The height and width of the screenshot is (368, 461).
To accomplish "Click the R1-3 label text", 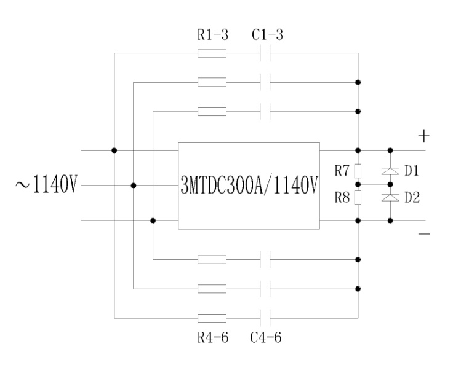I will pos(212,36).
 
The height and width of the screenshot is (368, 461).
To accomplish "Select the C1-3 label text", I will pos(268,36).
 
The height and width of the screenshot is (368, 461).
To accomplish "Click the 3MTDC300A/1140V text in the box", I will pos(249,185).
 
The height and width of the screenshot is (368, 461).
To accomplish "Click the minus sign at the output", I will pos(424,234).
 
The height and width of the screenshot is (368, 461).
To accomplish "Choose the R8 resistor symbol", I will pos(358,197).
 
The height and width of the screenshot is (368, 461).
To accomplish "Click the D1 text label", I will pos(411,171).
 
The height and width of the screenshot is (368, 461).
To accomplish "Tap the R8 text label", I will pos(342,198).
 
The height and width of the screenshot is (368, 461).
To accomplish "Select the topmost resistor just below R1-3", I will pos(212,53).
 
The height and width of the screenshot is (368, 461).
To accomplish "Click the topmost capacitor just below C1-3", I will pos(266,53).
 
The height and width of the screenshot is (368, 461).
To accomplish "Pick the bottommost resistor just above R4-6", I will pos(212,318).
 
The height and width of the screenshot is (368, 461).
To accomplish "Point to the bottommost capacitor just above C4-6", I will pos(266,318).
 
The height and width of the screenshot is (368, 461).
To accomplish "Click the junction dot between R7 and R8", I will pos(358,184).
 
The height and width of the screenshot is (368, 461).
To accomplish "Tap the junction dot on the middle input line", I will pos(134,185).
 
